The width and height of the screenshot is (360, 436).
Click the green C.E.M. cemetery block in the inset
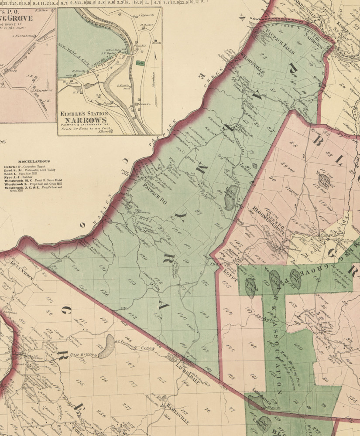[x=141, y=64]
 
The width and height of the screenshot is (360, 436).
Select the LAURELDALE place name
[x=188, y=370]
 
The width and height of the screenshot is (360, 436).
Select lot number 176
[x=104, y=378]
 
